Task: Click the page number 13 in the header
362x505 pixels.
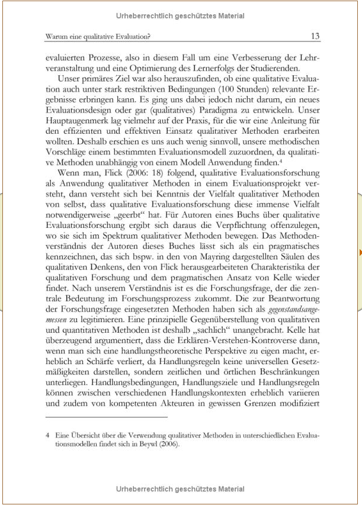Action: point(315,37)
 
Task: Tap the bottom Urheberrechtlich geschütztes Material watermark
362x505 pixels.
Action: point(180,489)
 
